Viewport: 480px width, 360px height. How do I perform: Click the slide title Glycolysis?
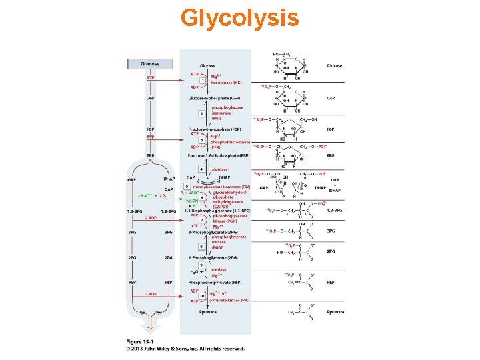pos(239,18)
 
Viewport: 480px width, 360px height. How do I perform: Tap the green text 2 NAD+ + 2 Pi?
pos(152,195)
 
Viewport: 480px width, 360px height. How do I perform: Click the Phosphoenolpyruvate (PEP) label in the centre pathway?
pos(215,283)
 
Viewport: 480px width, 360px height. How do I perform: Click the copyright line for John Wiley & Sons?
pos(185,348)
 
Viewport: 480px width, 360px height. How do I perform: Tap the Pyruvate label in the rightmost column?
pos(335,312)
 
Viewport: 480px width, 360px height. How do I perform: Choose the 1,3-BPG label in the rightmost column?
pos(335,210)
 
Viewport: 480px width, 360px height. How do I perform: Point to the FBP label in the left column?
pos(151,155)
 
